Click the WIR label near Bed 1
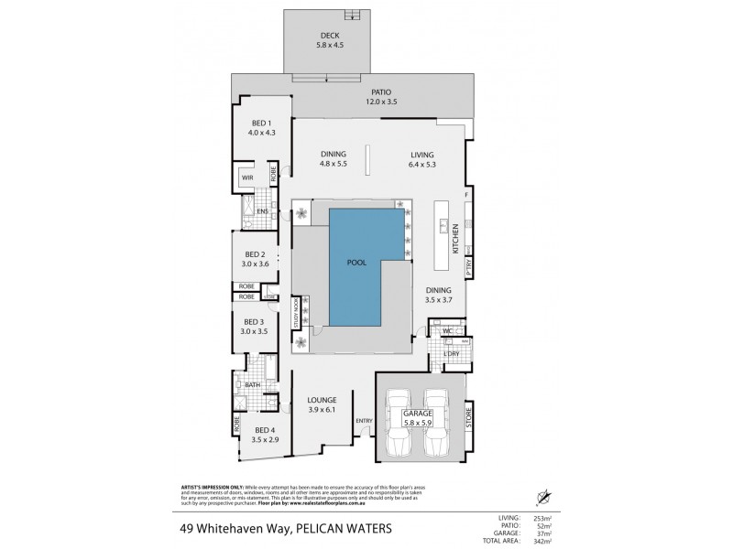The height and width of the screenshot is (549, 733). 247,177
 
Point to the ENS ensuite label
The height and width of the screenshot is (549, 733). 262,212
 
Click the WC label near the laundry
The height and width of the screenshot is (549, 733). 446,330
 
